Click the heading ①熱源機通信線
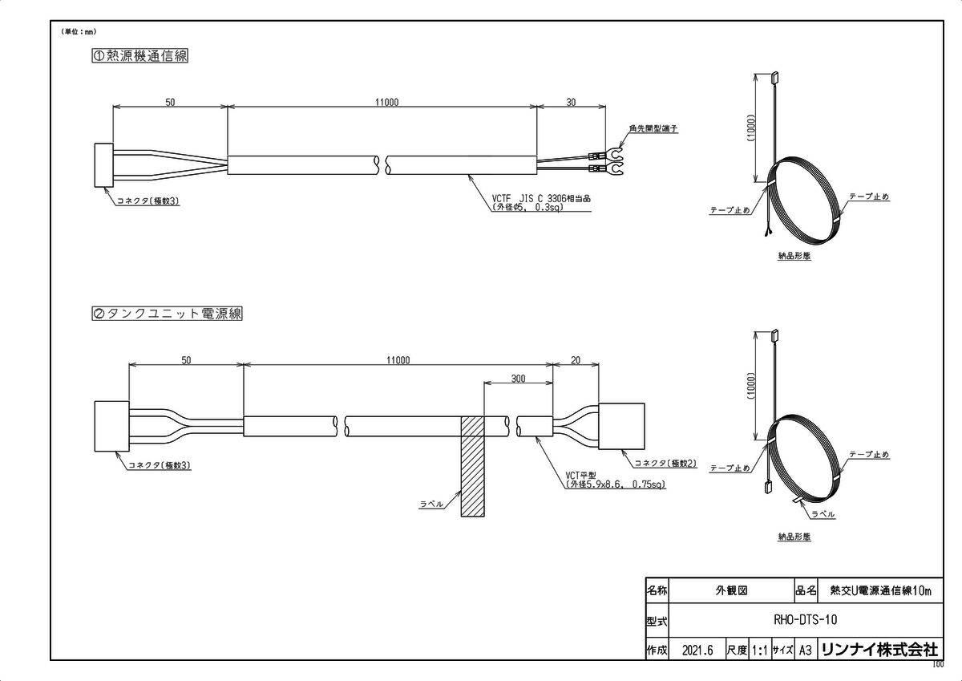141,56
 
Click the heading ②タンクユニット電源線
167,314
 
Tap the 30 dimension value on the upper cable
572,103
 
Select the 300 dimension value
518,379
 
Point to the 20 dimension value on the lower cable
576,361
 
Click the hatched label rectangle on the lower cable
472,466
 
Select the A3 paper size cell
806,649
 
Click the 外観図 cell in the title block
730,590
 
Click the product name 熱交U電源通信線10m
880,590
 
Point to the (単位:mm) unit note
78,31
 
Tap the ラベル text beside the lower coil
823,514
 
